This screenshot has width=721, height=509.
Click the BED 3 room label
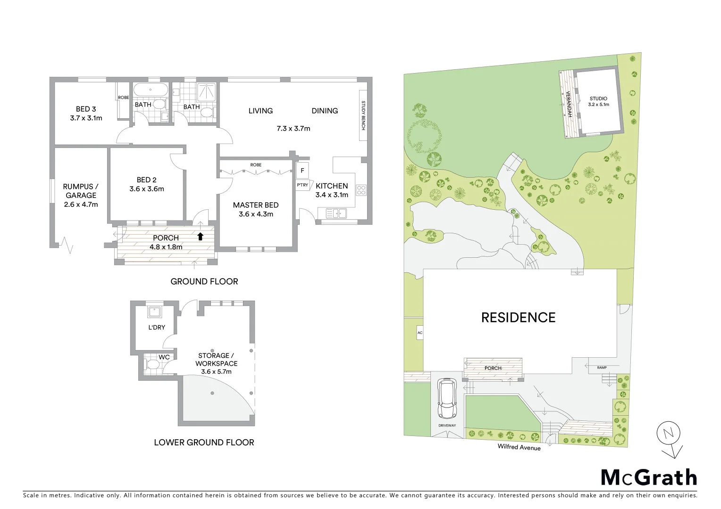click(86, 109)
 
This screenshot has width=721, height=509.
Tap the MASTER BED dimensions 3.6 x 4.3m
click(256, 214)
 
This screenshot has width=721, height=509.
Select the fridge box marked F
click(302, 171)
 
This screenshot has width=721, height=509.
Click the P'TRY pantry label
click(302, 185)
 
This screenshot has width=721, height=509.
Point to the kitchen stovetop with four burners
click(361, 190)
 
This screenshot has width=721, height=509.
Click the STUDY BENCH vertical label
click(363, 115)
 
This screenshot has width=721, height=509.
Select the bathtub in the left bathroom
click(150, 90)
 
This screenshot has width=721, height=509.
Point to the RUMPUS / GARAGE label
click(81, 191)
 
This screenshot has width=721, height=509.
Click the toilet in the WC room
click(153, 364)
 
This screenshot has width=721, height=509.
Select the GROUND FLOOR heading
click(204, 281)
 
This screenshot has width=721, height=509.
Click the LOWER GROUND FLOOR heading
click(204, 442)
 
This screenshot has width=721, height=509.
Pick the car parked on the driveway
click(446, 399)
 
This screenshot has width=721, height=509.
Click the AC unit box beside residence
click(419, 333)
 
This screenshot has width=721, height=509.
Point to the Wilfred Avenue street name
click(519, 447)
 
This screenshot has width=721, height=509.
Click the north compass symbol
click(669, 434)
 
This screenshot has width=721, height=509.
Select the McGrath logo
click(648, 477)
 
